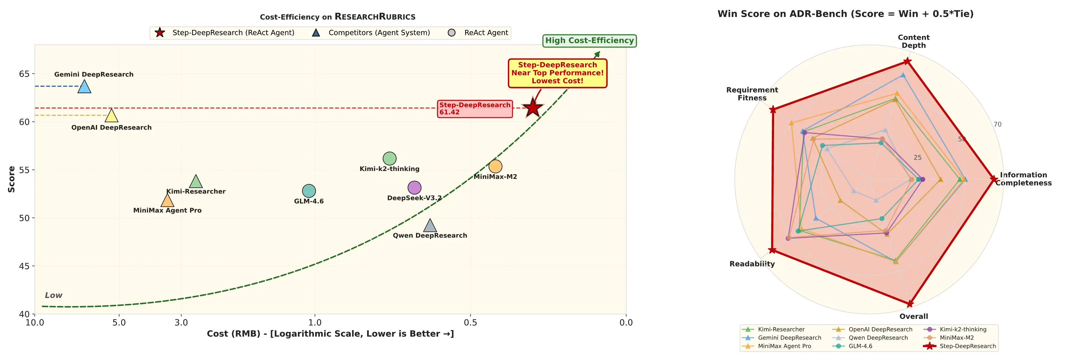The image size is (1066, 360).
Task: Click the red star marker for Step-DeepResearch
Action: point(533,108)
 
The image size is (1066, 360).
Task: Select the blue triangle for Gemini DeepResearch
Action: point(85,87)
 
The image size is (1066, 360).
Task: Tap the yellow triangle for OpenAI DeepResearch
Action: point(111,116)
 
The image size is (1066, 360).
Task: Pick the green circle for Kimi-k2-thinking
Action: point(389,158)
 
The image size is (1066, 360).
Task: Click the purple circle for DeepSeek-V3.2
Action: point(414,188)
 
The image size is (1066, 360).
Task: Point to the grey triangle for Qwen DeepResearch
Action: point(430,226)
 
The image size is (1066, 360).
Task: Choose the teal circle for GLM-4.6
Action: point(309,191)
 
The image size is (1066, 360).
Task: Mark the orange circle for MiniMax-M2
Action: point(495,166)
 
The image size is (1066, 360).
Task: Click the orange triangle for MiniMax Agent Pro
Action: point(167,201)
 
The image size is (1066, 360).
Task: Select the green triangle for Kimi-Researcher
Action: point(196,182)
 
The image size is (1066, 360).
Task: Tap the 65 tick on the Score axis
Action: point(24,74)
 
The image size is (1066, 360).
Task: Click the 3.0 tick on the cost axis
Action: point(181,323)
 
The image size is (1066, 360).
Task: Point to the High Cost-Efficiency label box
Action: point(589,40)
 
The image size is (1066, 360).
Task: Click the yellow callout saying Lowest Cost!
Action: point(557,73)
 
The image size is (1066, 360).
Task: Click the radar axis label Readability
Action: point(752,264)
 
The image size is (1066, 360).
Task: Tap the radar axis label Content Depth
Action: point(913,41)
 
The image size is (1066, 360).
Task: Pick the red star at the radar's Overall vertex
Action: point(909,304)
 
